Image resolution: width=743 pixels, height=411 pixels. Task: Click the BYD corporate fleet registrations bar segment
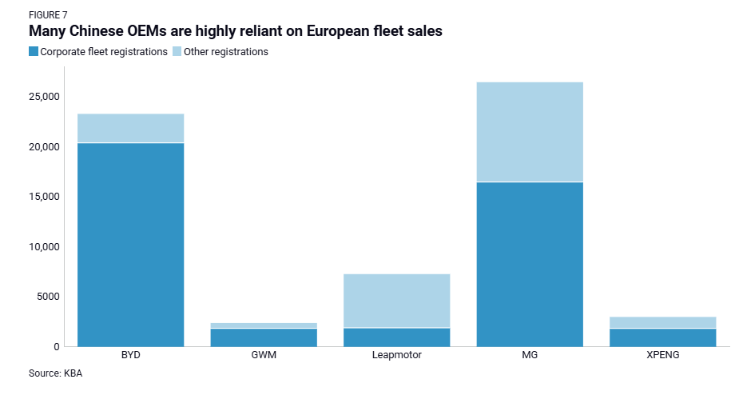pos(130,244)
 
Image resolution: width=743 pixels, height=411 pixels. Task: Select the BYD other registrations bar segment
pos(130,128)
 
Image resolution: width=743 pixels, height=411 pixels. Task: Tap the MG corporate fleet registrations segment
pos(529,264)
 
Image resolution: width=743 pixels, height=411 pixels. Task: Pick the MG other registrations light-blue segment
pos(529,132)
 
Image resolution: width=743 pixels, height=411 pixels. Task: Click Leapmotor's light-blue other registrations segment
pos(396,301)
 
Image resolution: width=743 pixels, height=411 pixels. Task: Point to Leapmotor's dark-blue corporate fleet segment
pos(396,337)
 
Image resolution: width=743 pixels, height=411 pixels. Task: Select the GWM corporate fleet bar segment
pos(264,337)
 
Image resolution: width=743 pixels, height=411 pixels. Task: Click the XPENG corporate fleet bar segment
pos(662,337)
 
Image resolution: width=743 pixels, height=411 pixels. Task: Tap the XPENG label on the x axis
pos(662,355)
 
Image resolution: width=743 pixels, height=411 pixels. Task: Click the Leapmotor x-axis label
pos(396,355)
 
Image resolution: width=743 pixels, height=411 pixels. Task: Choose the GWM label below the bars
pos(264,355)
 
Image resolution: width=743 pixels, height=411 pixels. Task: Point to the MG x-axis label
pos(529,355)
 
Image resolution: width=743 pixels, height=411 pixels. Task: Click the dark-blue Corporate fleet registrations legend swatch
pos(34,52)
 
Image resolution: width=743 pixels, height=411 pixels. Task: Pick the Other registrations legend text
pos(226,52)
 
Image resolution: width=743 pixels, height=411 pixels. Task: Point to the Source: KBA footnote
pos(55,373)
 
